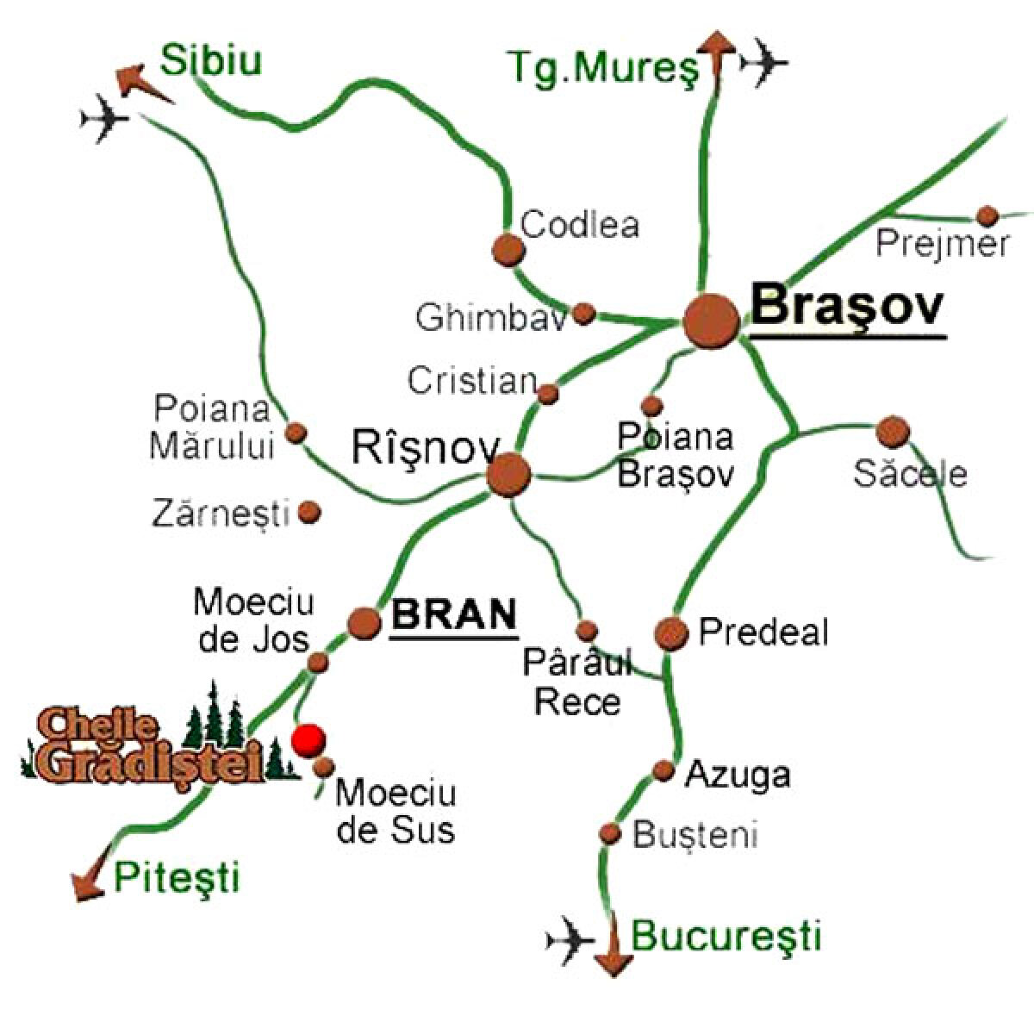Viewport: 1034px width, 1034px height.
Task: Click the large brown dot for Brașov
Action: point(712,321)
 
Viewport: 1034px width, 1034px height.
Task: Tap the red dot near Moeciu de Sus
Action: point(308,739)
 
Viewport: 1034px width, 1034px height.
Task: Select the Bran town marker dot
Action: point(364,622)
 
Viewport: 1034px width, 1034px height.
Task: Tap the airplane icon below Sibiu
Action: point(103,120)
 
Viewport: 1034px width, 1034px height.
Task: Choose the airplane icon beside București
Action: point(570,936)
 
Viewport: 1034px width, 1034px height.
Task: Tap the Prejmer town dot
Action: point(987,215)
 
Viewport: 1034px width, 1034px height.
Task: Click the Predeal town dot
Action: point(671,633)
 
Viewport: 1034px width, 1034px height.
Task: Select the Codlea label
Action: point(581,226)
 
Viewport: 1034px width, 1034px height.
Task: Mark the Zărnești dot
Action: point(308,514)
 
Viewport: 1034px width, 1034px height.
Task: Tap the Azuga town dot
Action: point(663,769)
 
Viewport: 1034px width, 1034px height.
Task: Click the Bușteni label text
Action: point(695,835)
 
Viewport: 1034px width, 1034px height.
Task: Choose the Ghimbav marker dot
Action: point(584,314)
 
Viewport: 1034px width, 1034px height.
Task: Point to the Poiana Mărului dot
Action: point(296,433)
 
